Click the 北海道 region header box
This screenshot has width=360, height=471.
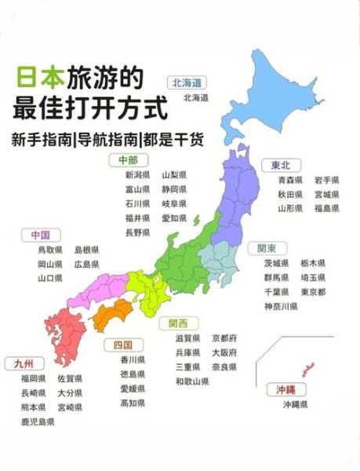point(187,82)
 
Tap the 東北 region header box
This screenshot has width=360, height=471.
point(281,164)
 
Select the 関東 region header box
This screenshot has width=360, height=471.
point(267,248)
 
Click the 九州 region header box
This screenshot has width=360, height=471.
point(24,363)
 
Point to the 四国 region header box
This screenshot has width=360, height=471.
point(122,344)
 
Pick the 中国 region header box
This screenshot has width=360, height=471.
point(41,234)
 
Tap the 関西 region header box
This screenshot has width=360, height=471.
point(178,323)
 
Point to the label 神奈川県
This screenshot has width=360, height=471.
point(281,306)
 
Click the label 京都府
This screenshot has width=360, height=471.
point(224,338)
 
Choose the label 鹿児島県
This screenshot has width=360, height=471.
point(38,422)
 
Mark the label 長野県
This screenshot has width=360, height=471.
point(137,232)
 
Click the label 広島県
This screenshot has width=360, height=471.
point(87,264)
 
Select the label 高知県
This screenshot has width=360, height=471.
point(133,403)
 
